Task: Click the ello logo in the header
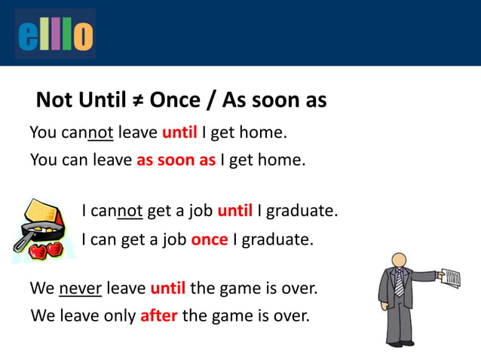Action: point(55,34)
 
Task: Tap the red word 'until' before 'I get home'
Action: point(179,133)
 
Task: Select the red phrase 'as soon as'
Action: point(176,160)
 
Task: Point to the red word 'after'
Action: point(158,316)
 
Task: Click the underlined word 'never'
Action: point(80,288)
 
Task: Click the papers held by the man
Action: point(450,278)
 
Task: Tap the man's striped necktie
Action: point(399,282)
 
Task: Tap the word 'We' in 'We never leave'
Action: point(41,288)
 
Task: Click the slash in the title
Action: point(214,100)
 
